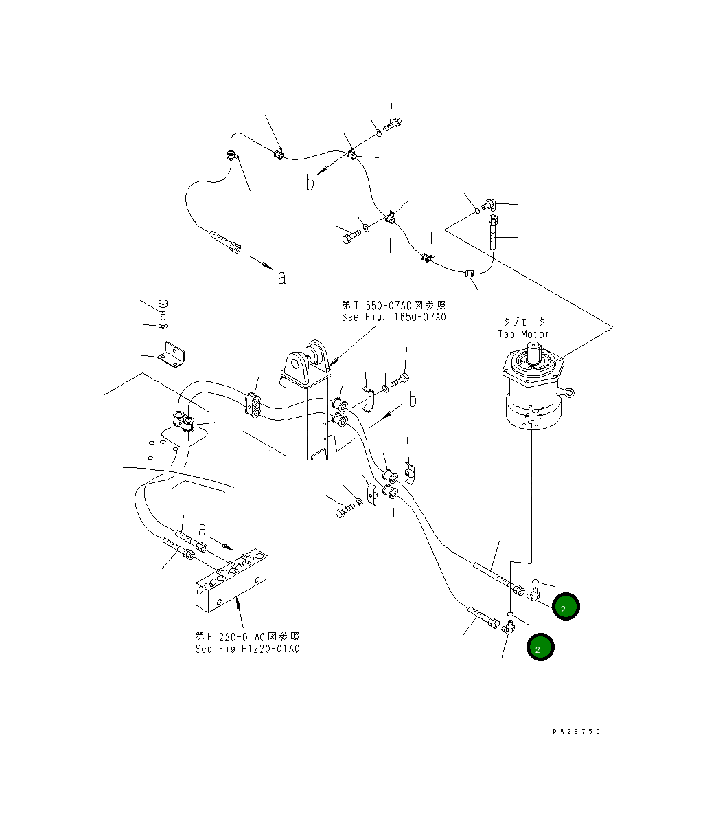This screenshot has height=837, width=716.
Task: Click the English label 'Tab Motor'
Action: point(523,334)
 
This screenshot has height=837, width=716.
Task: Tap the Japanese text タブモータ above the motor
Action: point(524,322)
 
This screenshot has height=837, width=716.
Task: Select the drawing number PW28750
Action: point(576,732)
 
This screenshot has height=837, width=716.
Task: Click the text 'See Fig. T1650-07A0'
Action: point(393,317)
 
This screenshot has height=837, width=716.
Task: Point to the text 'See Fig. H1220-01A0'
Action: point(247,649)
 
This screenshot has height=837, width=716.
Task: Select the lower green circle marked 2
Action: point(540,648)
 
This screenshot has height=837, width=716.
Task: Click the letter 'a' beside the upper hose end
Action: point(281,278)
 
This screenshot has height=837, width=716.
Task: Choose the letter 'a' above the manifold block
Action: point(203,529)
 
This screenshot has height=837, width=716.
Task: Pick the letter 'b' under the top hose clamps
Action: point(310,183)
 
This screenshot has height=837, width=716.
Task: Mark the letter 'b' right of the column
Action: point(412,400)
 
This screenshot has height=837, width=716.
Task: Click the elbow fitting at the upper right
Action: point(489,203)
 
